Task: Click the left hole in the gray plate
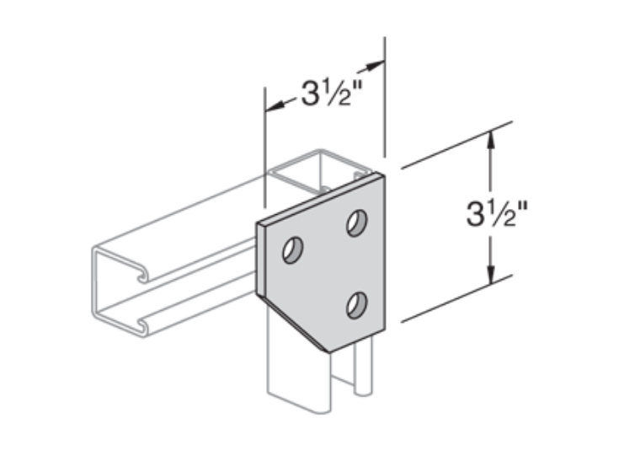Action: tap(293, 250)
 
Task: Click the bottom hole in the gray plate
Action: tap(357, 303)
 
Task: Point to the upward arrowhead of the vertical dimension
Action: tap(491, 139)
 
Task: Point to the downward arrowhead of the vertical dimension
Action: tap(491, 277)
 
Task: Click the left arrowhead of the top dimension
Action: tap(272, 107)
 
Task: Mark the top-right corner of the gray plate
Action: tap(385, 175)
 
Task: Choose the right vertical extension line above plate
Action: tap(385, 101)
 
